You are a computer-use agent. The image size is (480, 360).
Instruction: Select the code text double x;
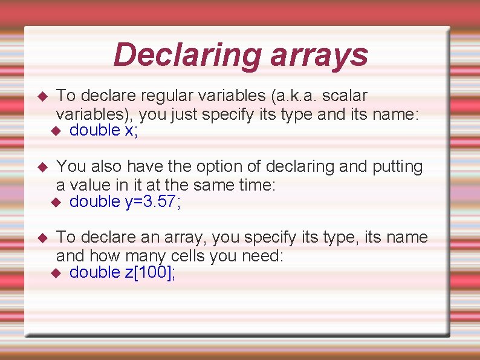point(104,131)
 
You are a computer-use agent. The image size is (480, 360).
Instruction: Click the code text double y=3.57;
point(125,201)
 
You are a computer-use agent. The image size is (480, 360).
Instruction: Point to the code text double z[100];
point(123,272)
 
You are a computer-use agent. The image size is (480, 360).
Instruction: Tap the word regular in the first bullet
point(167,96)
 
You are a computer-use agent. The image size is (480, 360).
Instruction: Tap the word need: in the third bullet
point(262,255)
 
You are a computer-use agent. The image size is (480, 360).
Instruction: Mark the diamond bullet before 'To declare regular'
point(42,96)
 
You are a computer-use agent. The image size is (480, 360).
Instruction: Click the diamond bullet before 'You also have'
point(42,167)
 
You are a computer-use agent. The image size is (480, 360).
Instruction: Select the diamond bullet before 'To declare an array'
point(42,238)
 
